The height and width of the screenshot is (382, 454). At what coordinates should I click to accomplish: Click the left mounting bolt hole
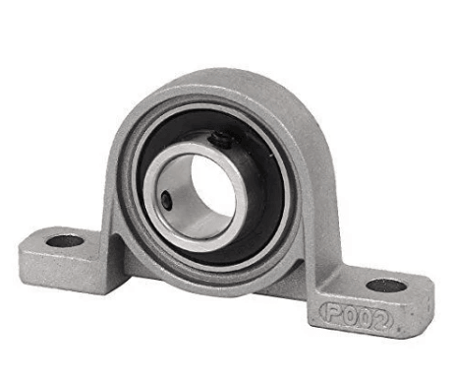tap(65, 240)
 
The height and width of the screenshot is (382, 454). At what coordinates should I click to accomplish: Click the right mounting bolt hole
tap(386, 286)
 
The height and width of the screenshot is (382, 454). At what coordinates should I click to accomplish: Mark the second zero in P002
tap(367, 320)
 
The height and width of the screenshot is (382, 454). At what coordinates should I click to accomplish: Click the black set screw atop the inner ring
tap(224, 141)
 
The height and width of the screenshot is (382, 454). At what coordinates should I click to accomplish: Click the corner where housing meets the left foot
tap(111, 241)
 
